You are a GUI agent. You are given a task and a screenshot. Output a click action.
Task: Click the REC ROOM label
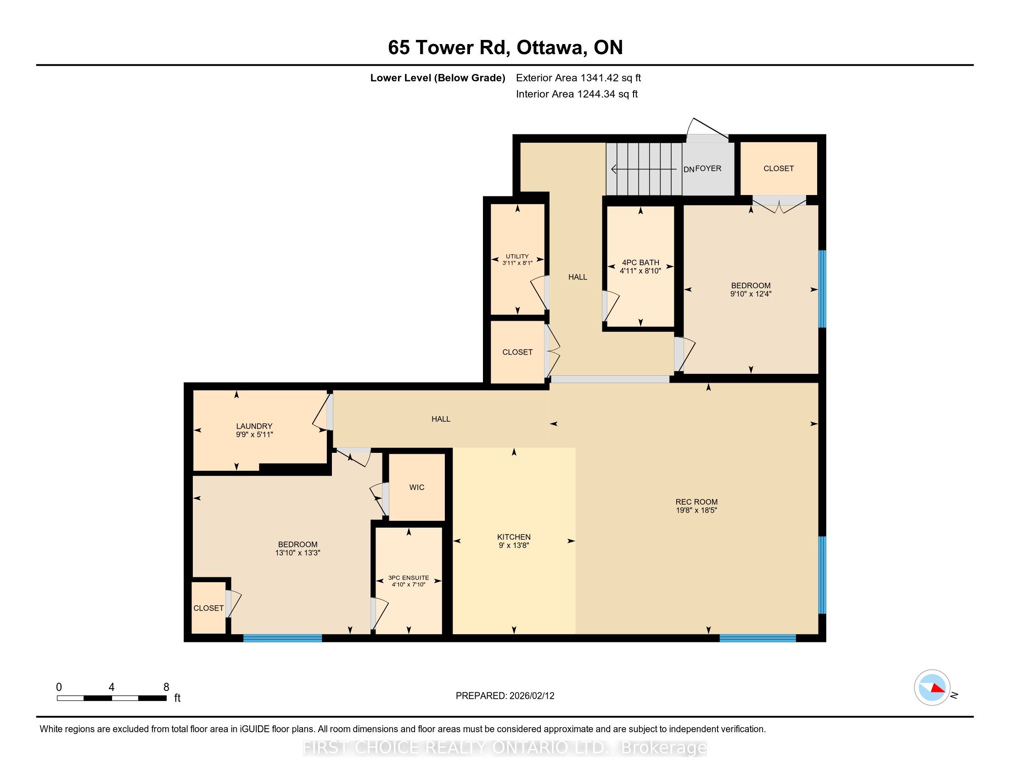696,502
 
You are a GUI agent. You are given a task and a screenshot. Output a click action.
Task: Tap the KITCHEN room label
514,537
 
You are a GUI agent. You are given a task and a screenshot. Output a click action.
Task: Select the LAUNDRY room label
254,426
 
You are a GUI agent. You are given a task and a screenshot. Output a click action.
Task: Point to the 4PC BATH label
640,262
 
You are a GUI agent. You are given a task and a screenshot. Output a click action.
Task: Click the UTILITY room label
517,256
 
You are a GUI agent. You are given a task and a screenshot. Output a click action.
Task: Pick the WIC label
417,487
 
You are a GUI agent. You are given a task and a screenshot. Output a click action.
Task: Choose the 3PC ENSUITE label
408,578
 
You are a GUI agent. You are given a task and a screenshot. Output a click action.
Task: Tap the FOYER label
708,168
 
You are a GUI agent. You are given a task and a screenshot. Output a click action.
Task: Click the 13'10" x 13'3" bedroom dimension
297,553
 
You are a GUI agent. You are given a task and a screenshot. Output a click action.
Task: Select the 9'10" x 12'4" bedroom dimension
751,294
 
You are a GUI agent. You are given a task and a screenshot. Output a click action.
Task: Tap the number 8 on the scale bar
166,687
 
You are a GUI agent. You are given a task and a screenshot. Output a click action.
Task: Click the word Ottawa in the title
549,47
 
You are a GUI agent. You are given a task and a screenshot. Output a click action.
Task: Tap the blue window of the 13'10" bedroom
282,638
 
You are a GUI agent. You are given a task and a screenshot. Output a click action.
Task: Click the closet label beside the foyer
778,169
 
